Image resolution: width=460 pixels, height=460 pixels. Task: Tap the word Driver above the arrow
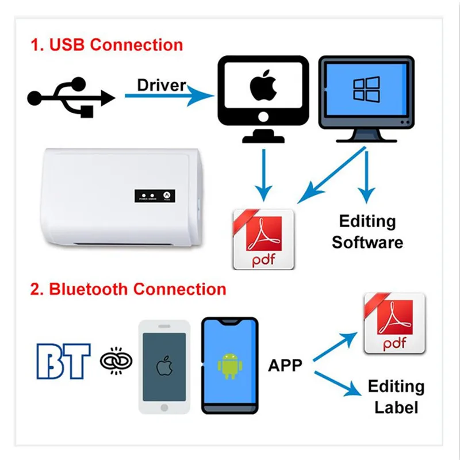(161, 86)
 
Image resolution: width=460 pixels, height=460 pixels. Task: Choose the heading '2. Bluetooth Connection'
(129, 288)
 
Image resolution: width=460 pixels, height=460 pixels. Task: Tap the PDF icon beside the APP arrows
(394, 323)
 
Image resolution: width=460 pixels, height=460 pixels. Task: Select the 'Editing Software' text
(367, 232)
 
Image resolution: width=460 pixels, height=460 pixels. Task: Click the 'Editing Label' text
(396, 397)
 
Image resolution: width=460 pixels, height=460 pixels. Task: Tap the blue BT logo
(63, 361)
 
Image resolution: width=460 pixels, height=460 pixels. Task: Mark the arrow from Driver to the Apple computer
(167, 98)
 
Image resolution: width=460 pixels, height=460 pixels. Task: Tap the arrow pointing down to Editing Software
(366, 178)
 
